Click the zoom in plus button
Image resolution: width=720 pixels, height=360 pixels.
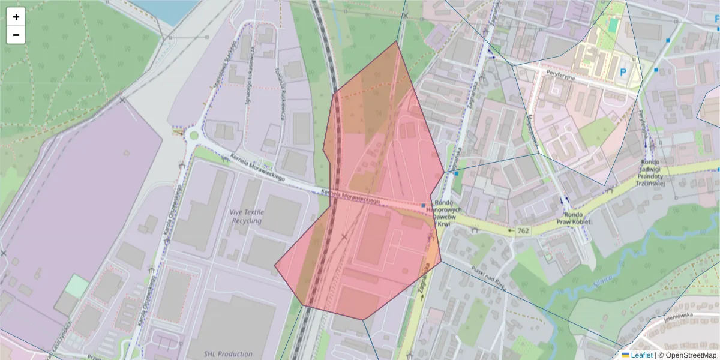click(x=16, y=17)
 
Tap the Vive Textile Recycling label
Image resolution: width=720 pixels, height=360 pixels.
click(x=245, y=216)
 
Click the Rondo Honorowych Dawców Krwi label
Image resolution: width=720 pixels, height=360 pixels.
click(x=447, y=214)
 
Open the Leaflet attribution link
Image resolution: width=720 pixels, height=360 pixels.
click(x=641, y=355)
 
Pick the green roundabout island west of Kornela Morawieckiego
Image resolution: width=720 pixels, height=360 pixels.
click(x=193, y=136)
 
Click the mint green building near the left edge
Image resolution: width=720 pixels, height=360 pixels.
click(x=76, y=286)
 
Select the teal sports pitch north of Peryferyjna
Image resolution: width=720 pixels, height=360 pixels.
click(x=612, y=25)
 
